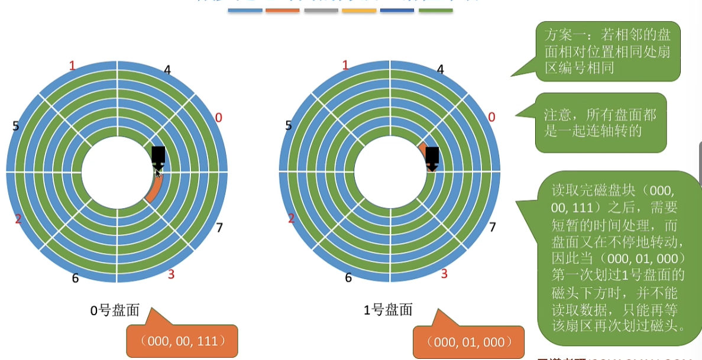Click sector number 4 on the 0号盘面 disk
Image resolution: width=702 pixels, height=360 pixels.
pos(167,70)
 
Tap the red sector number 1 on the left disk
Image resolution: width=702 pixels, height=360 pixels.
pos(72,65)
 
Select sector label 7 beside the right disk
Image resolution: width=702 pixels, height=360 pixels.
pos(492,228)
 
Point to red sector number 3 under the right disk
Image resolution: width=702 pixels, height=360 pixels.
pos(444,274)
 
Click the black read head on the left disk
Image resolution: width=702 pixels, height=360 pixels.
pos(158,157)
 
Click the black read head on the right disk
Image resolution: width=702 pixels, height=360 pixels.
pos(432,157)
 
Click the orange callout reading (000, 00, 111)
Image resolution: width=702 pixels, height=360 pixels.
pos(182,341)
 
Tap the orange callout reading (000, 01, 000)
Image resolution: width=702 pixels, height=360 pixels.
pos(469,342)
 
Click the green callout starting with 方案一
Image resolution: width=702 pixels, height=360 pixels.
pos(607,51)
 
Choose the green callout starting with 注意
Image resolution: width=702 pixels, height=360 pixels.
pos(601,122)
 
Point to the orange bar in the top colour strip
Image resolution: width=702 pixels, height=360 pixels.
pos(283,10)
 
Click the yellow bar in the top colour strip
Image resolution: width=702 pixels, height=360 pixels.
pos(359,10)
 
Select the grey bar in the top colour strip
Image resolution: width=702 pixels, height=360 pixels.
pos(321,10)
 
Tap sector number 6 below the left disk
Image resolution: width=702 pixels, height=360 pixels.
pos(75,278)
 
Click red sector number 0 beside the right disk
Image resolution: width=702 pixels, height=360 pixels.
pos(491,118)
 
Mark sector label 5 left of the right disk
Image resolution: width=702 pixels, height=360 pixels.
pos(289,125)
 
